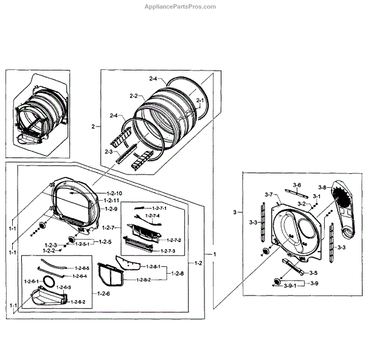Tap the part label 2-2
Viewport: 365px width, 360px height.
[x=134, y=96]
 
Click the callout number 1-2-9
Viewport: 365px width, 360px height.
[x=110, y=209]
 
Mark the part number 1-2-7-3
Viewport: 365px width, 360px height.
[x=167, y=251]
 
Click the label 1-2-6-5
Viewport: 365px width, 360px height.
[x=82, y=268]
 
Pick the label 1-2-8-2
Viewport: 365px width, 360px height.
[x=142, y=280]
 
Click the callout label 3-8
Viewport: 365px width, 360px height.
[x=322, y=187]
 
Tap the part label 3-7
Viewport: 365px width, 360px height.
[x=268, y=194]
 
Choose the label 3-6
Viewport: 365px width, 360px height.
[x=297, y=184]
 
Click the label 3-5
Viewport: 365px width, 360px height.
[x=314, y=273]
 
